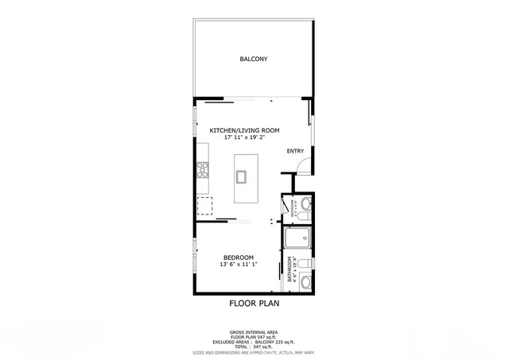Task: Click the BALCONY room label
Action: point(253,59)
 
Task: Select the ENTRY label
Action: point(295,151)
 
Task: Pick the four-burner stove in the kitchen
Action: point(203,168)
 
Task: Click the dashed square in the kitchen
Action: point(206,206)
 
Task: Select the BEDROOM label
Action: point(238,257)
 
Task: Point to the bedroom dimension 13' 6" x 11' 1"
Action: point(238,265)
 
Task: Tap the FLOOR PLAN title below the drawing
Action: point(254,303)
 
